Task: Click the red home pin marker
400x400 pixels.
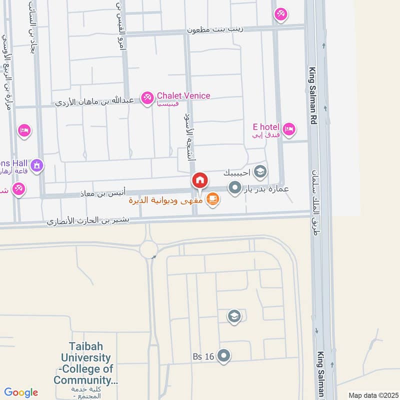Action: point(199,180)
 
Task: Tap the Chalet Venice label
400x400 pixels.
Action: point(183,95)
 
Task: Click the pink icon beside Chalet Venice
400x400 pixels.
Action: point(147,98)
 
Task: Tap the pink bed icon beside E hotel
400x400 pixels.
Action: point(288,130)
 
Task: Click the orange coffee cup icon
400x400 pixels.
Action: point(212,199)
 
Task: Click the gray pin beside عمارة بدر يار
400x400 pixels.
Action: point(234,188)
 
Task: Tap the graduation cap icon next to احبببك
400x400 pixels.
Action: point(259,172)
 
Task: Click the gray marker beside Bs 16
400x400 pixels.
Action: point(224,356)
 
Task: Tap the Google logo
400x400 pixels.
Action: point(21,392)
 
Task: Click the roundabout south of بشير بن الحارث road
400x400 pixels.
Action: point(148,248)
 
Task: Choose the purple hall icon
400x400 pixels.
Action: point(36,165)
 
